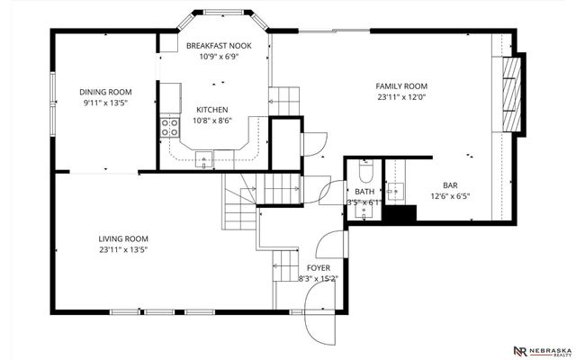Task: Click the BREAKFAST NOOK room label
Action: pyautogui.click(x=219, y=46)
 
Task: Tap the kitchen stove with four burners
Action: pyautogui.click(x=169, y=128)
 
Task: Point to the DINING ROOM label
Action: pyautogui.click(x=105, y=91)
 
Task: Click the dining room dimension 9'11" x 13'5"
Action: pyautogui.click(x=105, y=103)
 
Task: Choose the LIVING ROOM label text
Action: pyautogui.click(x=123, y=238)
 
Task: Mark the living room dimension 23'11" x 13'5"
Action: pyautogui.click(x=123, y=250)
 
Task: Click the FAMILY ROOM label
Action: pyautogui.click(x=401, y=86)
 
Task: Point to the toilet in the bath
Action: pyautogui.click(x=365, y=170)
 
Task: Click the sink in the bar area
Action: pyautogui.click(x=396, y=191)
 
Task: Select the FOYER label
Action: pyautogui.click(x=318, y=268)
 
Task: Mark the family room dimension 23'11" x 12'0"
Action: pyautogui.click(x=401, y=97)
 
